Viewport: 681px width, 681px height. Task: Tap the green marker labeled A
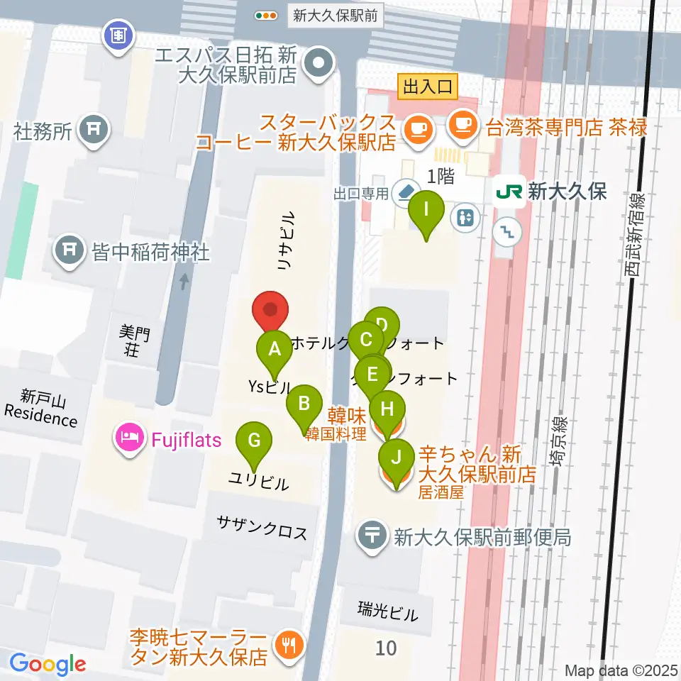[x=275, y=350]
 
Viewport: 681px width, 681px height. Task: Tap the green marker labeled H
[x=387, y=410]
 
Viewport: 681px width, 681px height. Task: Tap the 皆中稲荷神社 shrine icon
[x=70, y=252]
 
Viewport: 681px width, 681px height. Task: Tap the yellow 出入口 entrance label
[x=428, y=88]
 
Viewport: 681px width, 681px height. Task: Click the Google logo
[x=48, y=663]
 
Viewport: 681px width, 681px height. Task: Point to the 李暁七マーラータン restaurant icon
[x=289, y=646]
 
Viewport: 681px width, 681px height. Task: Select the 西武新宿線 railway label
[x=636, y=234]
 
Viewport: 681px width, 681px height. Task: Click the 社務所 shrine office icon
[x=93, y=130]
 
